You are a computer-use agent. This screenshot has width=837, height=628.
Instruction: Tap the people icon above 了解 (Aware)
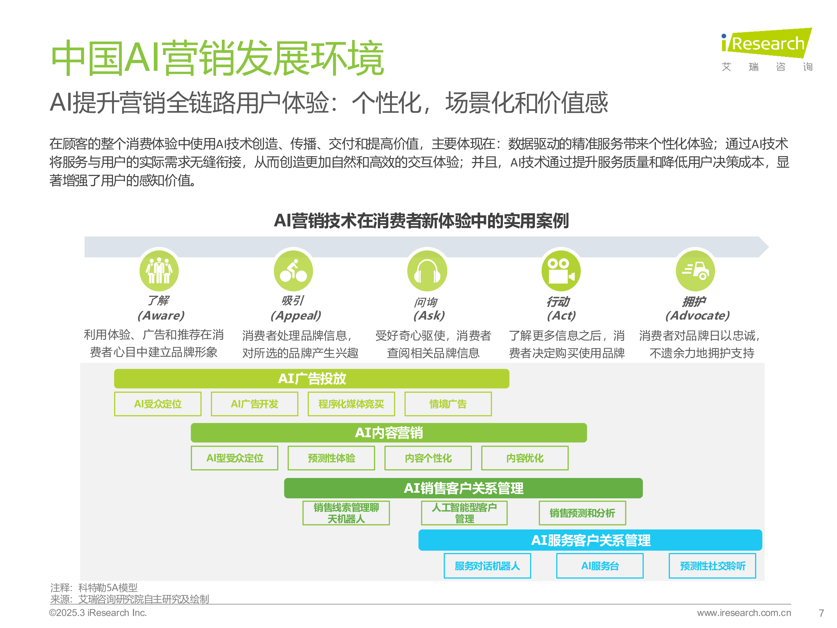(159, 271)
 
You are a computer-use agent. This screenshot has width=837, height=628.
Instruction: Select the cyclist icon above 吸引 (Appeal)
(293, 271)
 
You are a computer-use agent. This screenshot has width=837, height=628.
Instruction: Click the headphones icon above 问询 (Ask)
(427, 271)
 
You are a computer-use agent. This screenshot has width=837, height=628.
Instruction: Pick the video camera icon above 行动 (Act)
(561, 271)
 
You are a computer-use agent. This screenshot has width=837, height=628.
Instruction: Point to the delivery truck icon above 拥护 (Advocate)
(696, 271)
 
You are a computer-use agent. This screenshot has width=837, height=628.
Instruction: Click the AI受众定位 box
(158, 404)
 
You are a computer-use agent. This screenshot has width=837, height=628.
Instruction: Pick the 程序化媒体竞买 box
(351, 404)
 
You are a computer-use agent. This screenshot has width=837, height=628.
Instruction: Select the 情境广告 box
(448, 404)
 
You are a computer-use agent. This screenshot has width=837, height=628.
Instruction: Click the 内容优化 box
(525, 458)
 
